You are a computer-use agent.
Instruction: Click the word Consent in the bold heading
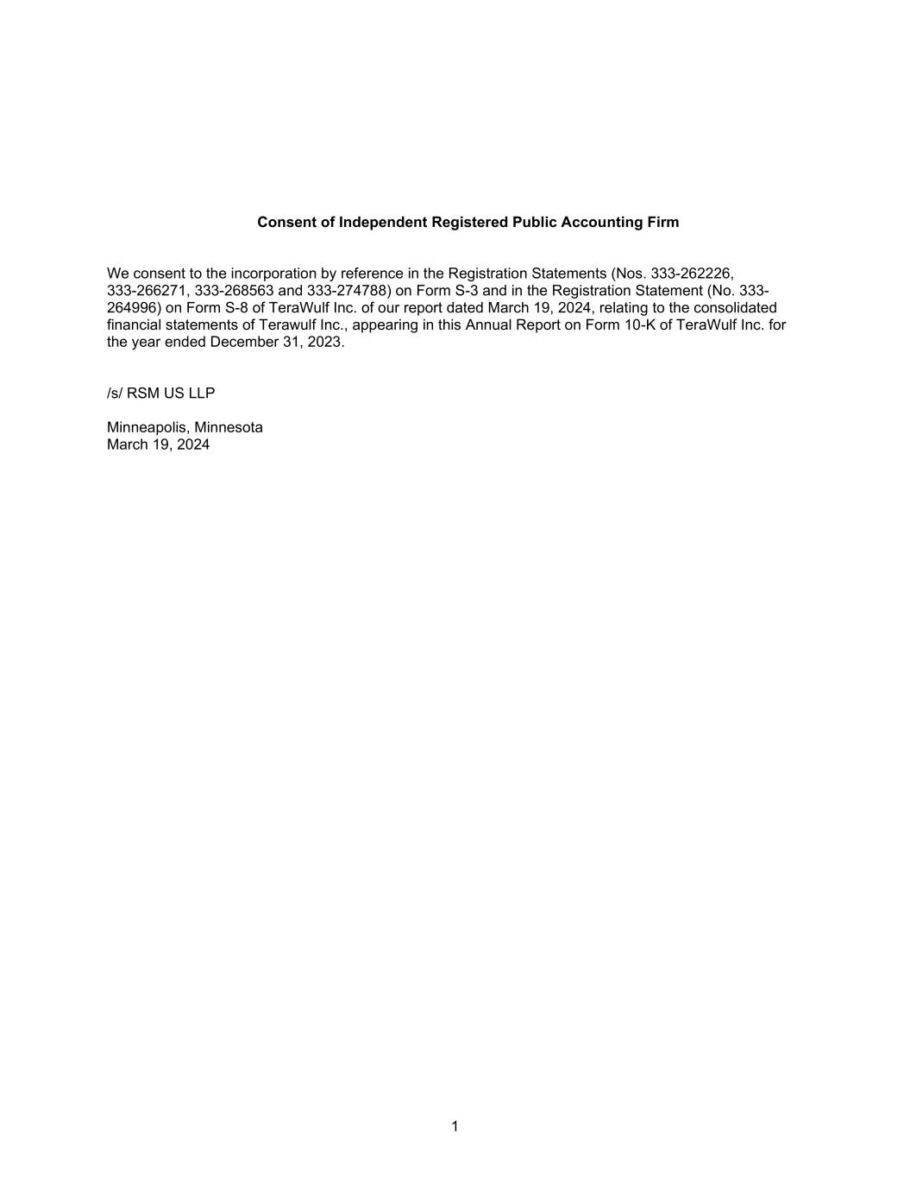(x=284, y=223)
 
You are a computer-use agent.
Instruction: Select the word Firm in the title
(x=663, y=223)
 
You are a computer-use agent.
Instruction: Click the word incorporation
(x=273, y=274)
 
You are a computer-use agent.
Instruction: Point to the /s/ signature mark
(x=115, y=394)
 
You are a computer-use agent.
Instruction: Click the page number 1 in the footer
(x=455, y=1126)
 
